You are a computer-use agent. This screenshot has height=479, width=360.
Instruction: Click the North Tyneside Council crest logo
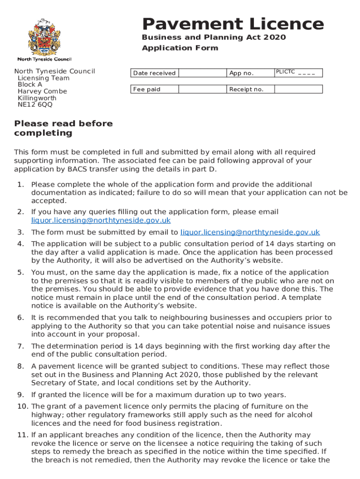pyautogui.click(x=44, y=37)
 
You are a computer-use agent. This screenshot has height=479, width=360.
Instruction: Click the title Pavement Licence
pyautogui.click(x=233, y=24)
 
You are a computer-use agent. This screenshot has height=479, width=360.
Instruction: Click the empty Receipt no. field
pyautogui.click(x=298, y=89)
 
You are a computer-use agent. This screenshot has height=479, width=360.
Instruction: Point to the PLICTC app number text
pyautogui.click(x=295, y=72)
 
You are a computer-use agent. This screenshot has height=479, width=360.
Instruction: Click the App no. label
pyautogui.click(x=241, y=73)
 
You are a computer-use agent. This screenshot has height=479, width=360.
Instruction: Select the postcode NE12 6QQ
pyautogui.click(x=35, y=105)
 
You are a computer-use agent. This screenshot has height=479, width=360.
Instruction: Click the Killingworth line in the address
pyautogui.click(x=37, y=98)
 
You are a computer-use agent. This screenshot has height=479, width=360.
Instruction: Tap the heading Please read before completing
pyautogui.click(x=64, y=128)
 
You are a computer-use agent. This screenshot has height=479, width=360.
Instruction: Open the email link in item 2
pyautogui.click(x=101, y=220)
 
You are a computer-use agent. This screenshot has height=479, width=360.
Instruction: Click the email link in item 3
pyautogui.click(x=250, y=232)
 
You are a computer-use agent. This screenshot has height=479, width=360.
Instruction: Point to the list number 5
pyautogui.click(x=20, y=272)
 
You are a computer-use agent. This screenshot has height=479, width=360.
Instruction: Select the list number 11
pyautogui.click(x=22, y=435)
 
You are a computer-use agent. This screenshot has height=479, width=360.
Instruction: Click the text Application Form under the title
pyautogui.click(x=180, y=48)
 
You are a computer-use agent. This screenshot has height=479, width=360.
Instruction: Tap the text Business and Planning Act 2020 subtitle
pyautogui.click(x=214, y=37)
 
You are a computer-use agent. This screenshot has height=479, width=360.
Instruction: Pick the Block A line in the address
pyautogui.click(x=30, y=85)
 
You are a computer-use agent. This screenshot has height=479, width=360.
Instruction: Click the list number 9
pyautogui.click(x=20, y=394)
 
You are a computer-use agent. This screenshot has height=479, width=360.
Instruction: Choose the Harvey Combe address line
pyautogui.click(x=42, y=91)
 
